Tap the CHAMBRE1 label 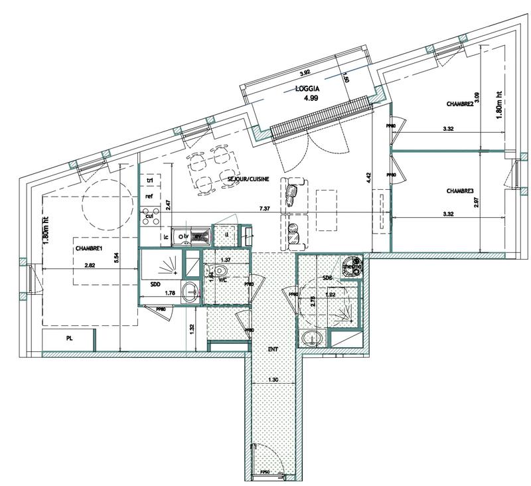coord(87,248)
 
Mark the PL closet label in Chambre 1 coord(69,339)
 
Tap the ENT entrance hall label coord(273,347)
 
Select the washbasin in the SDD coord(191,291)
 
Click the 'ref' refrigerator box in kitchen coord(150,197)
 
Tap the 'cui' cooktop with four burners coord(150,216)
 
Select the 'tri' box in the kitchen coord(150,181)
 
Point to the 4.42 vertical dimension coord(368,177)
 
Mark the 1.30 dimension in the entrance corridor coord(273,380)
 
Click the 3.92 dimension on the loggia coord(305,73)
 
